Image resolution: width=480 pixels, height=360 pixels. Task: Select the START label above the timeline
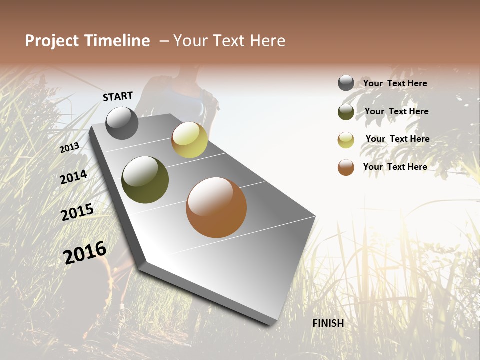[118, 96]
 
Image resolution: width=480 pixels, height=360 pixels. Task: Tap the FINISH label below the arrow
[328, 323]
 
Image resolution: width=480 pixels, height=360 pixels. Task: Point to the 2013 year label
[69, 147]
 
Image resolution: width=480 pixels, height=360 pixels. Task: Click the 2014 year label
[73, 177]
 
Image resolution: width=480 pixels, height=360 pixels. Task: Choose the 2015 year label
[77, 212]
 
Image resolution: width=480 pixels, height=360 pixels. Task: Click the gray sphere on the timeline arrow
[122, 123]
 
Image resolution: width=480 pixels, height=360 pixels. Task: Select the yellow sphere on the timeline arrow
[189, 140]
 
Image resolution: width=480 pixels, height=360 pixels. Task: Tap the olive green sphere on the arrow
[145, 180]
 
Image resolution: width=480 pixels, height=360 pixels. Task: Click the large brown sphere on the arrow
[216, 207]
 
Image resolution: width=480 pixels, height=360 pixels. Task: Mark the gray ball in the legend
[346, 83]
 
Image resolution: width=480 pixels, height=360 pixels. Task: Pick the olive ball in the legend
[346, 112]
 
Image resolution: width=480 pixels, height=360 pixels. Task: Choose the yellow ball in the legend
[346, 140]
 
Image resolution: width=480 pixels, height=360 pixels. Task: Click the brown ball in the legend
[346, 167]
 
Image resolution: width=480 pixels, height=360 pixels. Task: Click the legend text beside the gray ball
[395, 84]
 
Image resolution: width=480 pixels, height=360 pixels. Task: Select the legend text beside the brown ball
[395, 167]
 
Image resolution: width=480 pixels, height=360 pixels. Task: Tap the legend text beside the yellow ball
[397, 139]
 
